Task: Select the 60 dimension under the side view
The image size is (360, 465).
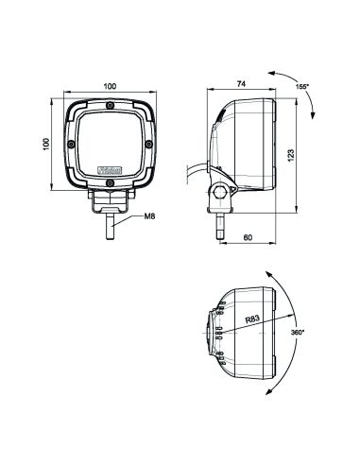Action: click(249, 236)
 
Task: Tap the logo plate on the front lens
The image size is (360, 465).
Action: click(111, 171)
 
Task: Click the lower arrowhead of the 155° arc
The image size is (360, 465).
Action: click(314, 115)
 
